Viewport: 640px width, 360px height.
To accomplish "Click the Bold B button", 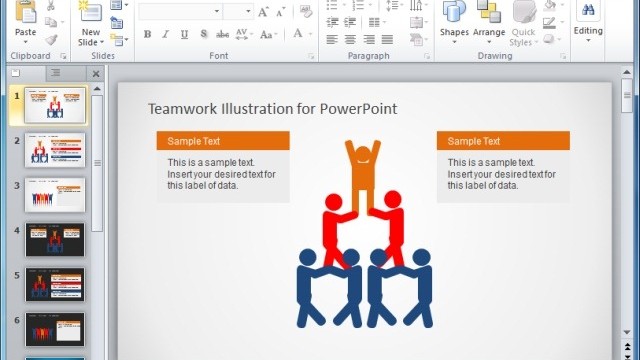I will coord(148,34).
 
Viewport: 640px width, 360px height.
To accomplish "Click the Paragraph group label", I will coord(368,56).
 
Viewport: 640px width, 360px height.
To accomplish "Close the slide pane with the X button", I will coord(96,74).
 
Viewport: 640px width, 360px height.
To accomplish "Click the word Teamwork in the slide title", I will coord(181,109).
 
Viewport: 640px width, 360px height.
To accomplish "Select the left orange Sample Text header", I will coord(223,141).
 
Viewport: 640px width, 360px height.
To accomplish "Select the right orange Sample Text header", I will coord(503,141).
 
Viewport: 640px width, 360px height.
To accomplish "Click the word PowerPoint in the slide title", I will coord(360,109).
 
